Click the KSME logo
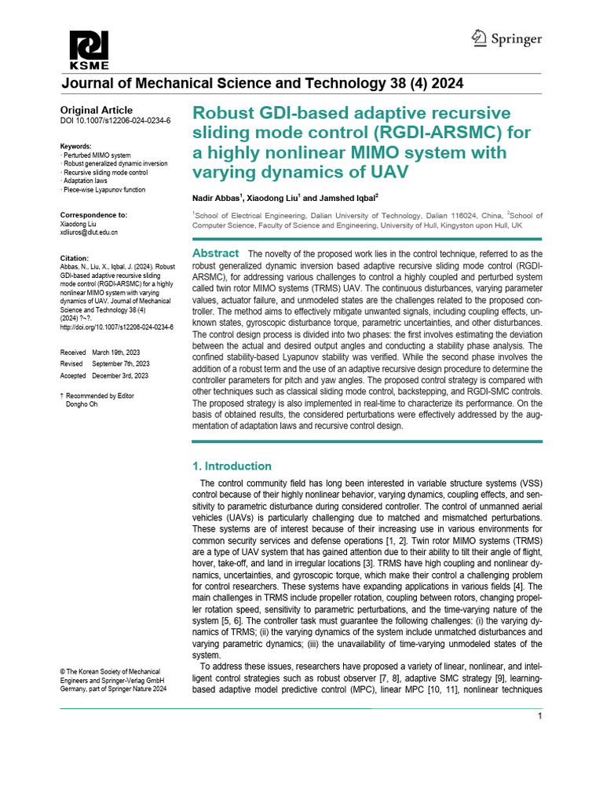89,50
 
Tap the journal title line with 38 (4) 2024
261,83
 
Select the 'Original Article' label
97,111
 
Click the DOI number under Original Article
115,121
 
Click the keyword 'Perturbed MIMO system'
97,155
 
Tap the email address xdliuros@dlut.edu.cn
89,232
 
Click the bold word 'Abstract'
216,254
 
